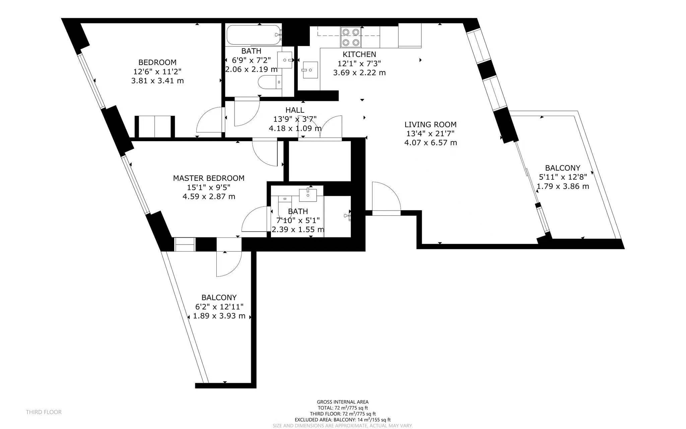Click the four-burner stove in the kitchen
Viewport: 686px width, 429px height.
[x=351, y=37]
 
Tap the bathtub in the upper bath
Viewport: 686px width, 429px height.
[x=254, y=35]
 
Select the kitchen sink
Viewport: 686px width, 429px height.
[x=310, y=70]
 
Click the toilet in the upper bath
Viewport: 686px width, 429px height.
[x=270, y=82]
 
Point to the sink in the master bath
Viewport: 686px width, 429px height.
[x=307, y=195]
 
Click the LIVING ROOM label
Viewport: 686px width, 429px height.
[x=430, y=124]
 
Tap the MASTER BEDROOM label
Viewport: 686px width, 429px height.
[x=209, y=178]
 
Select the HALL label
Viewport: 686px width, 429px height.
[x=295, y=110]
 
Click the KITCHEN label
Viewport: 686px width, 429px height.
[x=359, y=54]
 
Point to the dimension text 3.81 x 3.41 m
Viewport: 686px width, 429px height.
[x=157, y=81]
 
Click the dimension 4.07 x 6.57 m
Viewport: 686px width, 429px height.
[x=430, y=143]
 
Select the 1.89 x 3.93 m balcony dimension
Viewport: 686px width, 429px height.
[x=219, y=316]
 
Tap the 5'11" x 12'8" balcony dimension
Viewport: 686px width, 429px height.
[x=563, y=177]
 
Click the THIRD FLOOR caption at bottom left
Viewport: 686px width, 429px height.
[x=44, y=412]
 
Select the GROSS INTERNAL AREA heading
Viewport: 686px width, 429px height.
[x=343, y=402]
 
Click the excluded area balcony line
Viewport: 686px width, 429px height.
[x=343, y=420]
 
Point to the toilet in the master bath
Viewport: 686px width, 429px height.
[x=285, y=207]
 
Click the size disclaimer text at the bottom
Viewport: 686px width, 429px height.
[x=343, y=426]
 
